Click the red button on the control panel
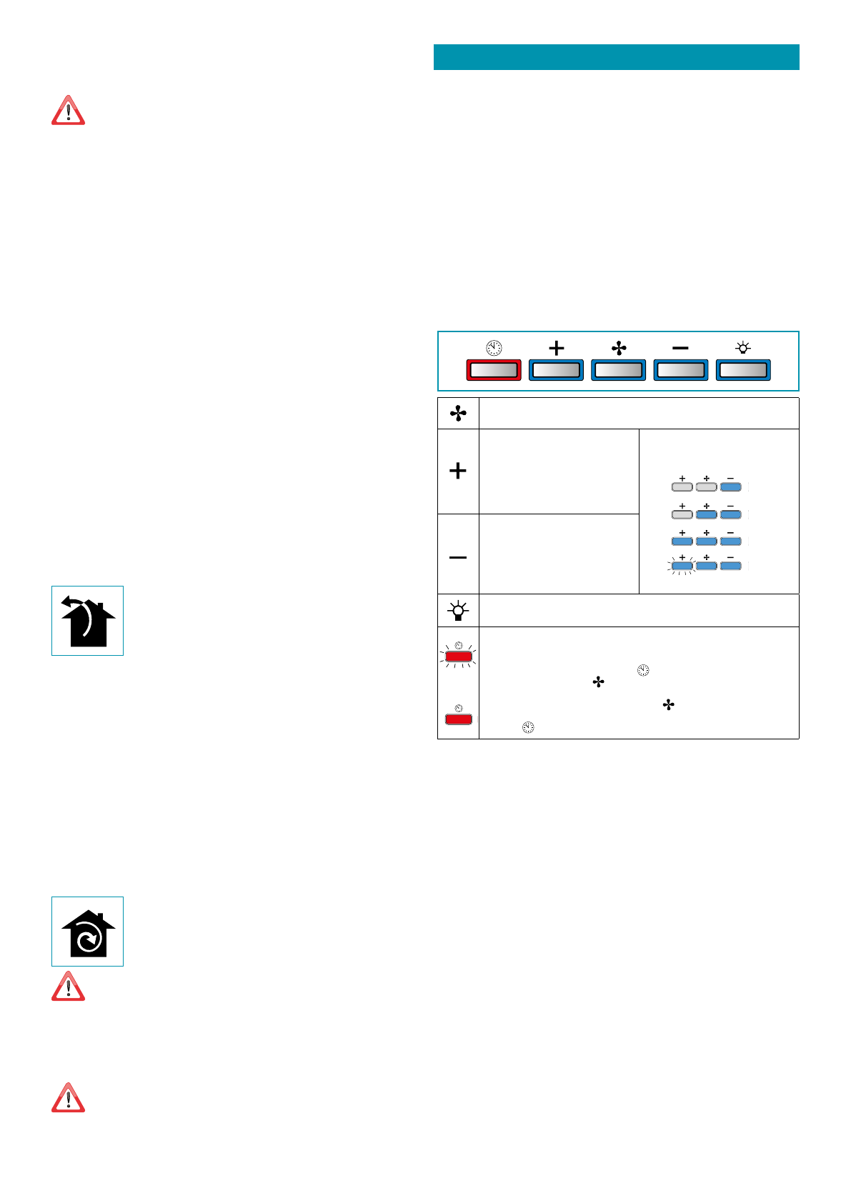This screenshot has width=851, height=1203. click(494, 370)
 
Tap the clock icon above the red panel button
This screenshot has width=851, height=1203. click(494, 348)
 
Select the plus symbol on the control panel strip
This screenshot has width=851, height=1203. click(556, 348)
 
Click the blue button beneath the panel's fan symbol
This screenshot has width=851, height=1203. click(618, 370)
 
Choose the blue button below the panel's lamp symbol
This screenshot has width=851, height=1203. click(743, 370)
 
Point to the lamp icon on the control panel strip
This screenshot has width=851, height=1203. click(743, 348)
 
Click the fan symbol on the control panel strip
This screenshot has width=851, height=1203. click(619, 348)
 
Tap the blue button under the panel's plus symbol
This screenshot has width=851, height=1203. click(556, 370)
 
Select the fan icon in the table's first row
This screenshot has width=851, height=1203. click(458, 414)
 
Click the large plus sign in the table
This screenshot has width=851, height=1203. click(458, 471)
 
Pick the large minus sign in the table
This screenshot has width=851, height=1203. click(458, 557)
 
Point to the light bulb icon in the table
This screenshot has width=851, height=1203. click(458, 611)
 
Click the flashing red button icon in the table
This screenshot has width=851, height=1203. click(458, 656)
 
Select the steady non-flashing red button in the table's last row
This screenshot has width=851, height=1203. click(458, 719)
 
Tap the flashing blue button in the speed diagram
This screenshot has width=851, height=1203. click(682, 566)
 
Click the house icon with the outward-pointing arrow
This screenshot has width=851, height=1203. click(87, 621)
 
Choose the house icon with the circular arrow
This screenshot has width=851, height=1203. click(87, 932)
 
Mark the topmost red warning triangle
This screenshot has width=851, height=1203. click(68, 111)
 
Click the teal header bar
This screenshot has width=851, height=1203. click(616, 57)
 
